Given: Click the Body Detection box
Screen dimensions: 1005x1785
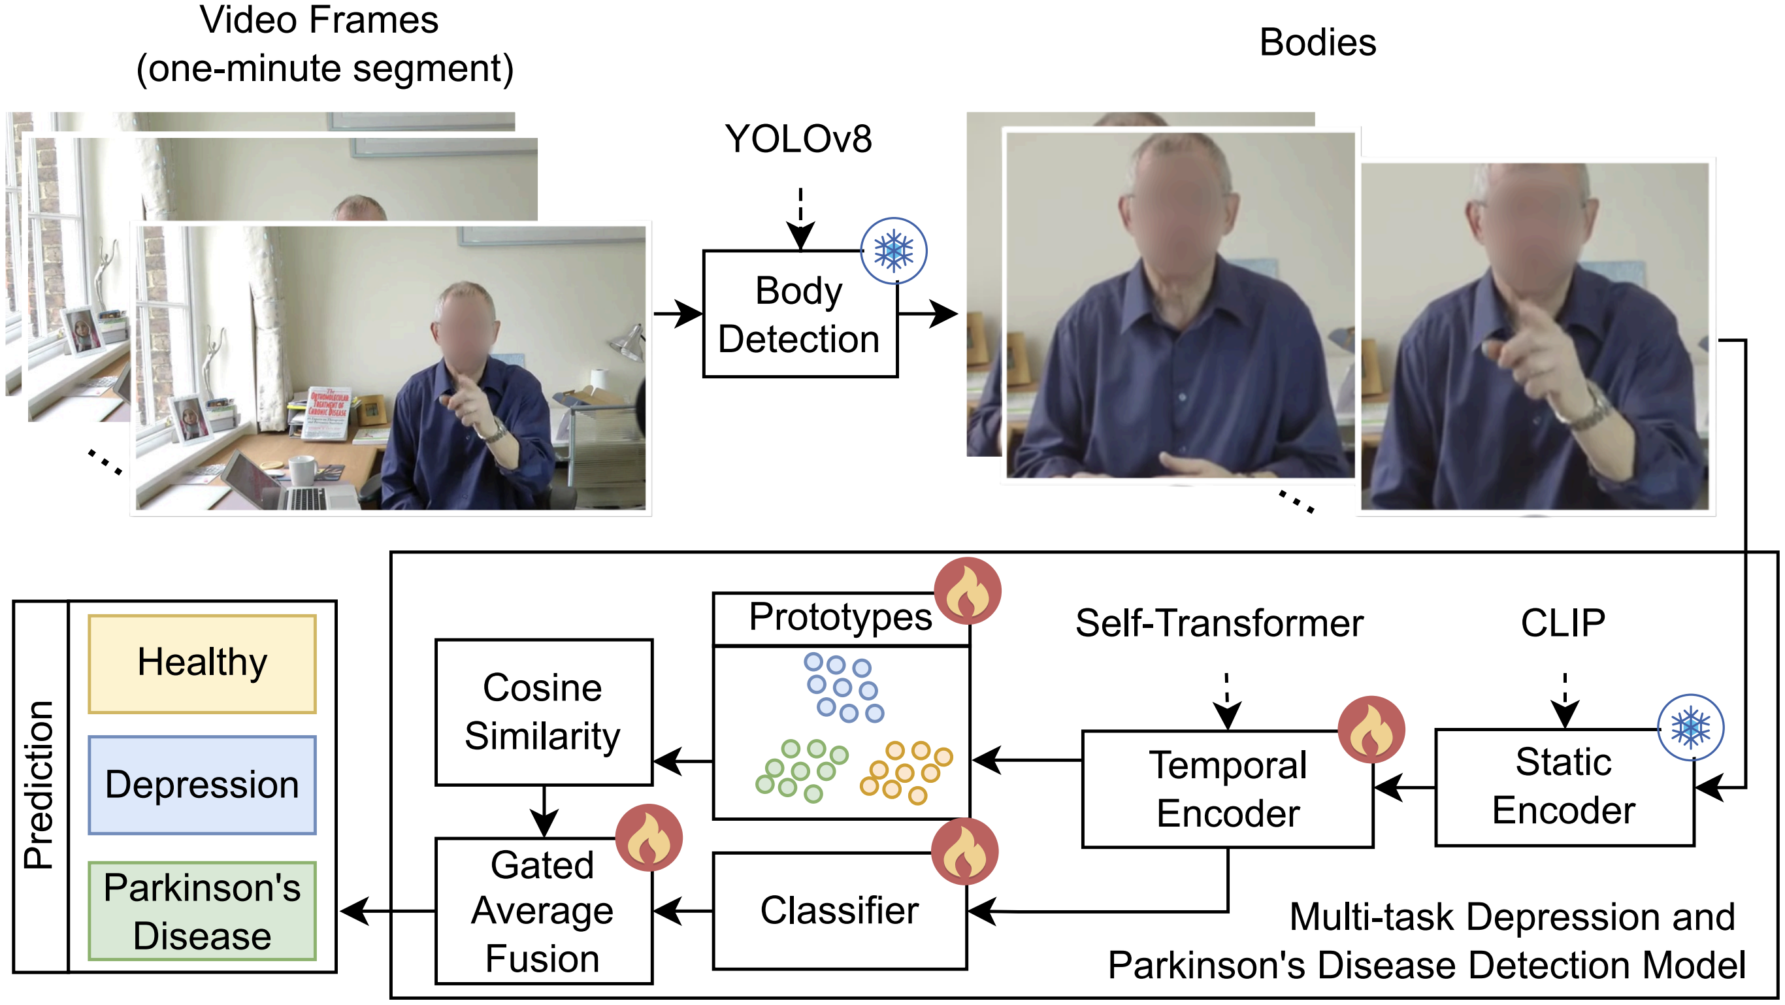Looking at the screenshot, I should click(x=800, y=314).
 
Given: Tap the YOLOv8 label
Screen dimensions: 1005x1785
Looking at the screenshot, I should click(x=798, y=139).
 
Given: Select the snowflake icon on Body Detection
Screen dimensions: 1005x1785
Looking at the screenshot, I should click(x=893, y=251).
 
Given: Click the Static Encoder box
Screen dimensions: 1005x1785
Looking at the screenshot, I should click(x=1564, y=787).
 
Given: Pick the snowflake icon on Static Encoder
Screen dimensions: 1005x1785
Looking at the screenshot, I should click(x=1690, y=728).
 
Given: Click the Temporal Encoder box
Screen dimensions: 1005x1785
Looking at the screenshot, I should click(x=1227, y=789).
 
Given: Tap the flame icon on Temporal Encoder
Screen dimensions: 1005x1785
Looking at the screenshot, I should click(x=1371, y=730).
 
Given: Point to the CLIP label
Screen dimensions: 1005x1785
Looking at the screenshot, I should click(x=1563, y=623).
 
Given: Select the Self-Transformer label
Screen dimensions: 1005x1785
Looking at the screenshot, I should click(x=1219, y=623).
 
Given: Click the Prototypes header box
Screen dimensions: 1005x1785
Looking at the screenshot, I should click(x=840, y=618).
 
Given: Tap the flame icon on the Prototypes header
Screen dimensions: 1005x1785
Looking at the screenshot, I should click(x=968, y=591).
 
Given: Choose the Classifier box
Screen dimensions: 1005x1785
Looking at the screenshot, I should click(x=839, y=911).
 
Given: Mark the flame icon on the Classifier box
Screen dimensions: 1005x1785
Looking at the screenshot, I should click(x=964, y=851).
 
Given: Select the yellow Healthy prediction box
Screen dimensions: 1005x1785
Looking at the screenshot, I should click(x=203, y=663).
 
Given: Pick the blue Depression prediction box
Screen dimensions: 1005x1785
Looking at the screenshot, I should click(x=203, y=785).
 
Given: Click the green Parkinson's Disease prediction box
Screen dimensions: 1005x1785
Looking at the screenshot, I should click(x=203, y=911).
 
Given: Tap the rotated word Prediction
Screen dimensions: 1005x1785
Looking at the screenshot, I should click(x=39, y=785).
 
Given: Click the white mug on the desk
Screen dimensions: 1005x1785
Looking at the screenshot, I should click(x=302, y=470).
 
